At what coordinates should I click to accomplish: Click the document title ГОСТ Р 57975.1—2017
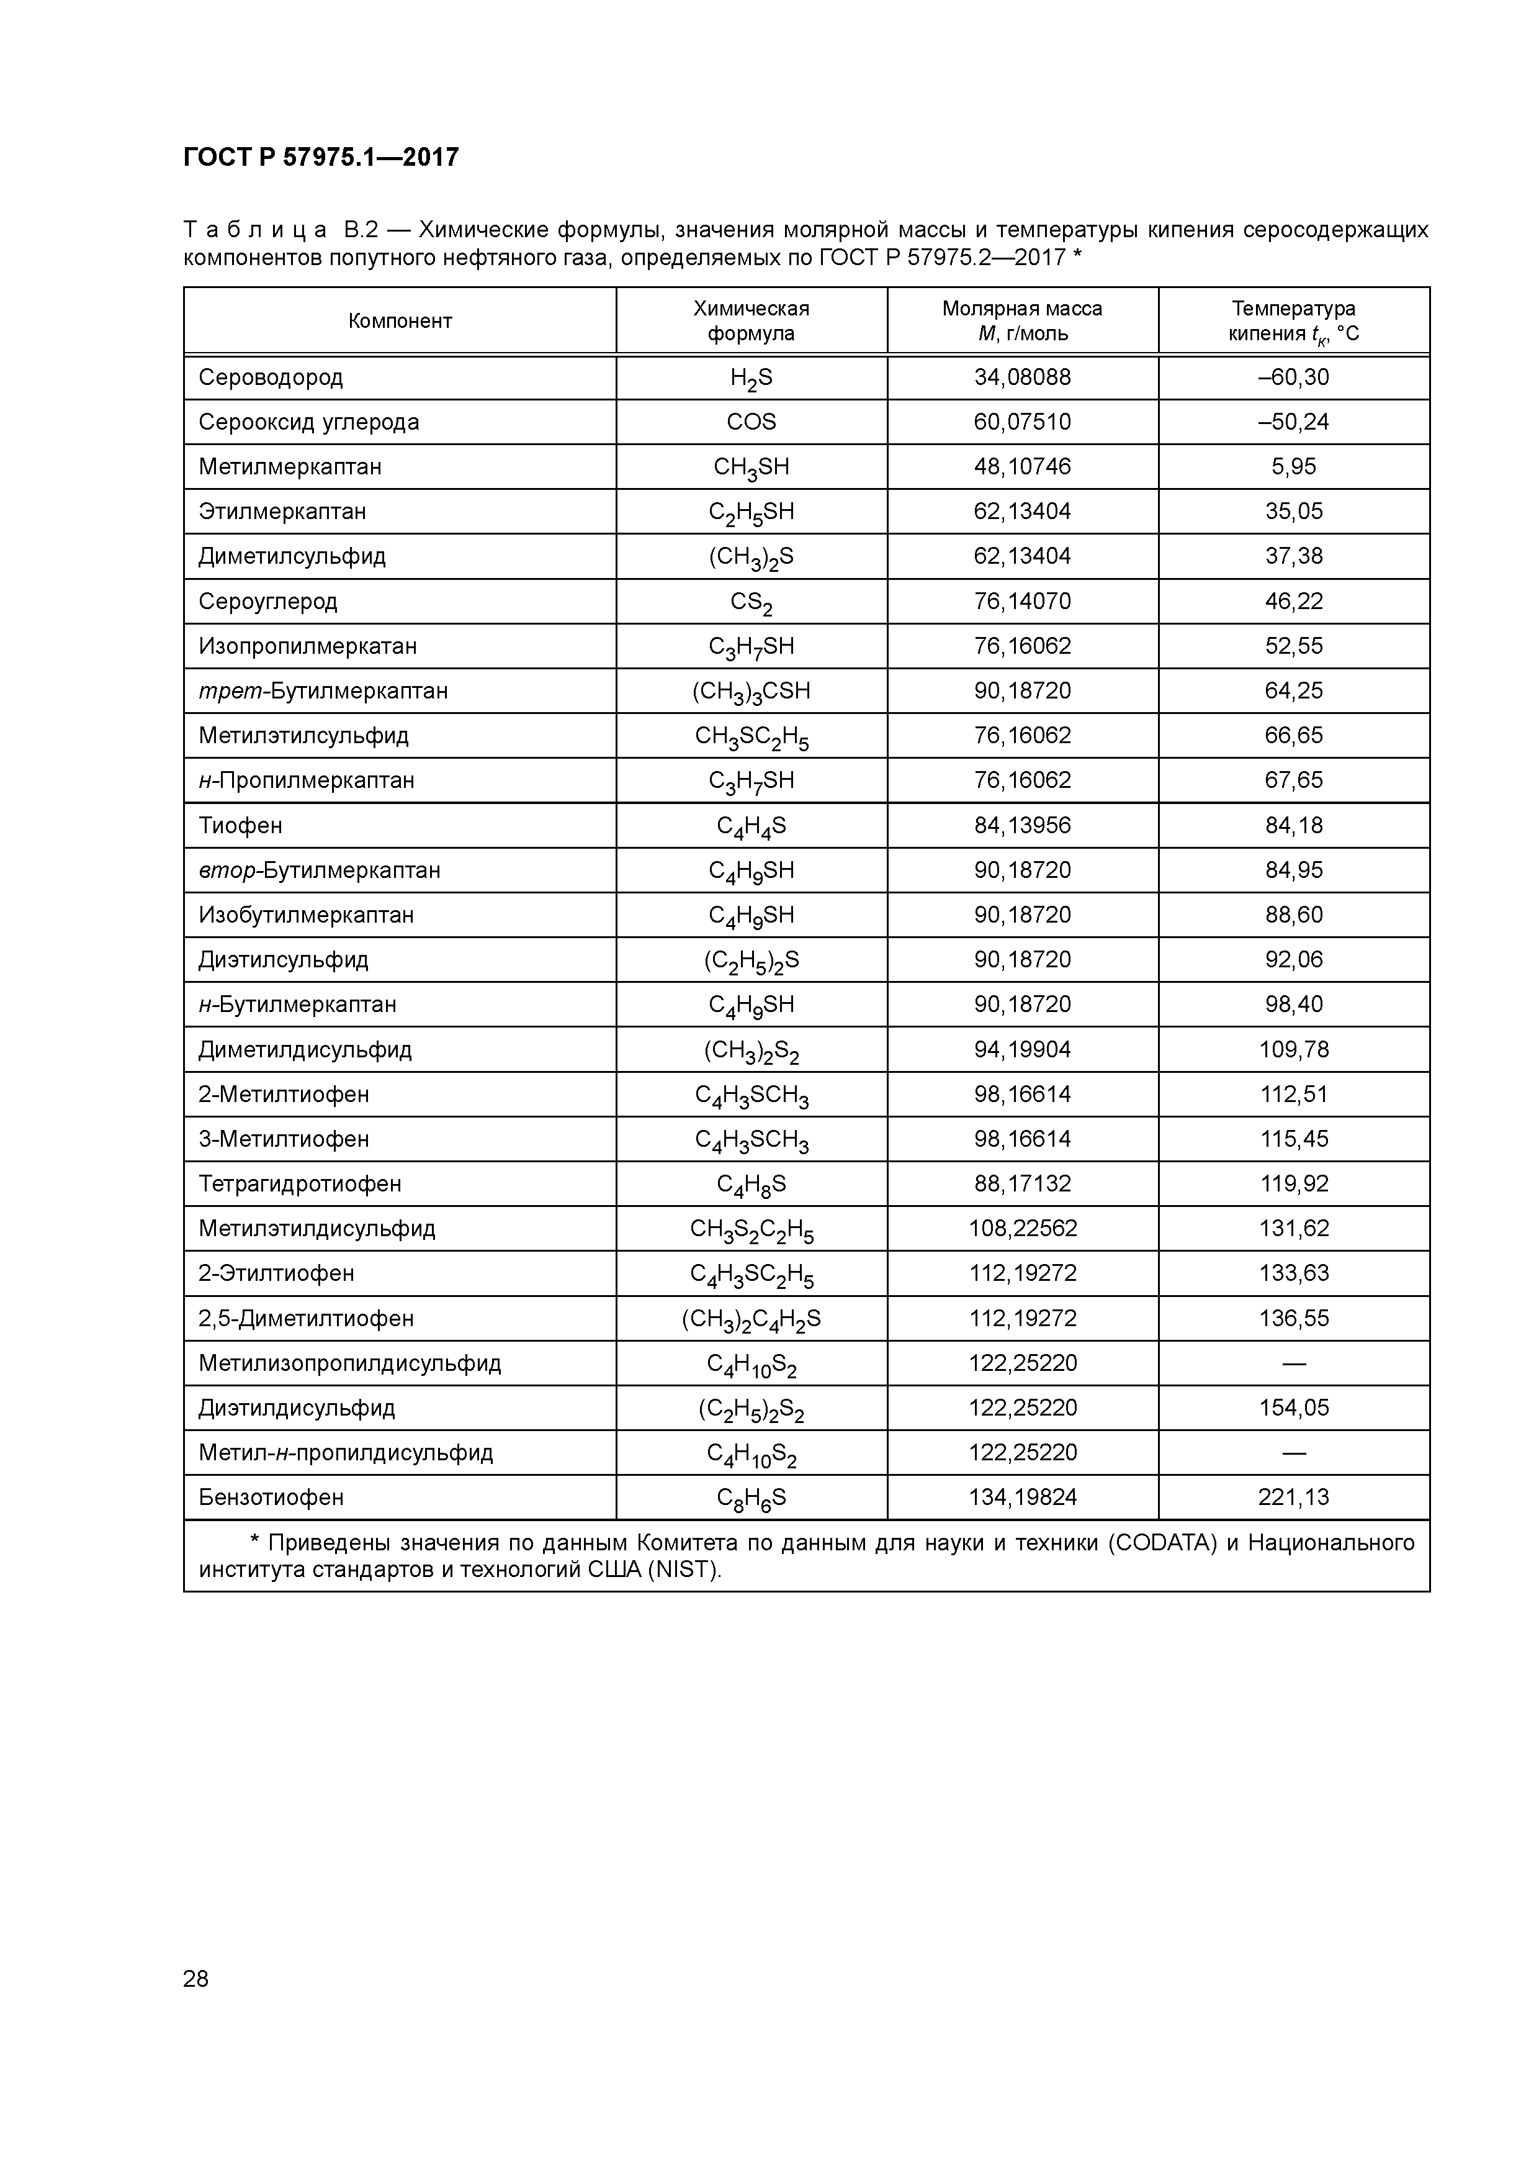tap(320, 156)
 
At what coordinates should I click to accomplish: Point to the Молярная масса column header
tap(1022, 320)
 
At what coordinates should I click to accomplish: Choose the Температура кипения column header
tap(1293, 320)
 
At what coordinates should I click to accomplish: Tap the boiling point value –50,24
tap(1293, 422)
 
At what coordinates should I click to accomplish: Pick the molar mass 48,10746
tap(1022, 467)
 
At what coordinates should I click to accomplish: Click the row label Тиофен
tap(240, 825)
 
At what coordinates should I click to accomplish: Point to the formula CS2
tap(751, 602)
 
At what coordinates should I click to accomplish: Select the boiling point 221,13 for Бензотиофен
tap(1293, 1497)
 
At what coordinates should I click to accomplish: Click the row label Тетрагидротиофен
tap(300, 1184)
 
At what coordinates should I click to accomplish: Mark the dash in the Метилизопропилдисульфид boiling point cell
tap(1293, 1363)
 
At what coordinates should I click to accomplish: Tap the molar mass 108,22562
tap(1022, 1229)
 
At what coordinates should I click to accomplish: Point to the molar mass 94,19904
tap(1022, 1049)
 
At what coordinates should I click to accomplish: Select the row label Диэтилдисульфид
tap(297, 1408)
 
